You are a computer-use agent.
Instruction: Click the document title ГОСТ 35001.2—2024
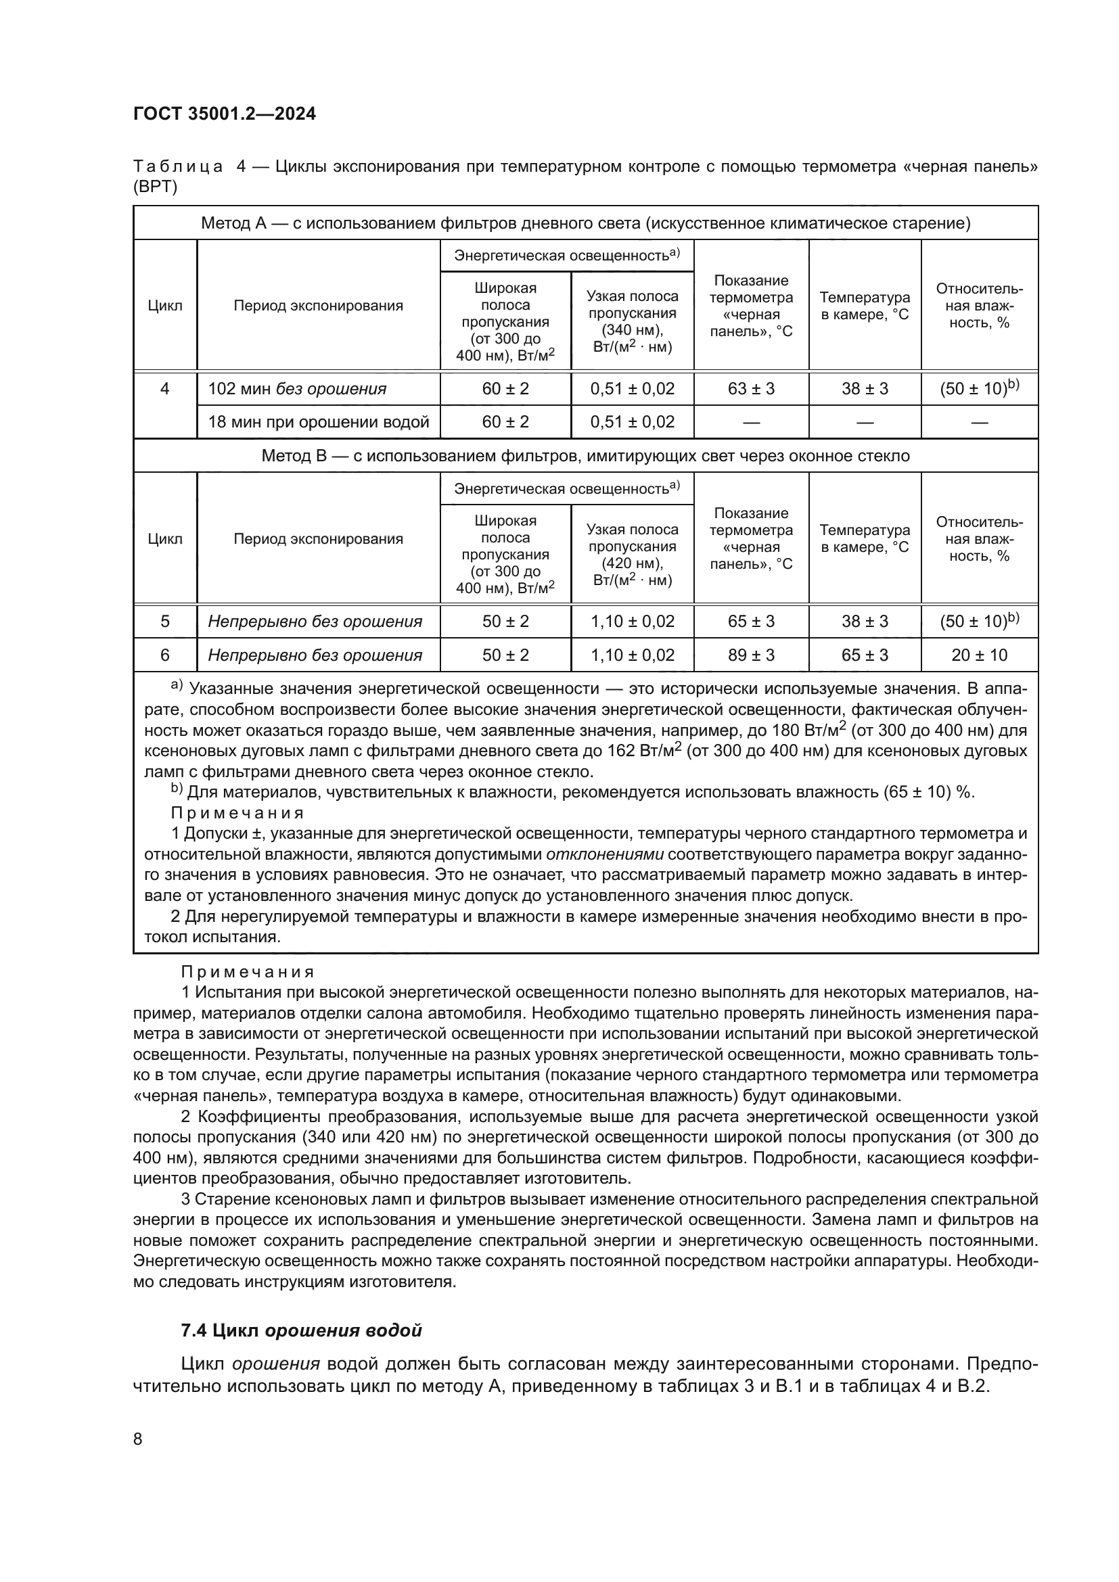click(x=224, y=114)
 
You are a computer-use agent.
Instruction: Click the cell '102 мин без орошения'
click(x=297, y=389)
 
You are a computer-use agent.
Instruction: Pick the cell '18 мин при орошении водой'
click(x=319, y=421)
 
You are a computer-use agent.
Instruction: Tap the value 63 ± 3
click(x=750, y=389)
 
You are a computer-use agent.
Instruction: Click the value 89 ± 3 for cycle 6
click(x=750, y=655)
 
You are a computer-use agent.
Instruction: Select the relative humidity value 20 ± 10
click(x=978, y=655)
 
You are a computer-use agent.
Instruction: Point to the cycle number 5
click(x=164, y=622)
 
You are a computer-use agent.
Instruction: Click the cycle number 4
click(x=164, y=389)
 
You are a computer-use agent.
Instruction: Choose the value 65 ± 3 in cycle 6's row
click(x=864, y=655)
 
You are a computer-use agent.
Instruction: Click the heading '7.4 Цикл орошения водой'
click(x=301, y=1330)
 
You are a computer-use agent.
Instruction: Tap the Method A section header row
click(x=585, y=223)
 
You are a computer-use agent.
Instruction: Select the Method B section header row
click(x=585, y=455)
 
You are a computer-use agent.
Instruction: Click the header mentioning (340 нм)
click(x=632, y=322)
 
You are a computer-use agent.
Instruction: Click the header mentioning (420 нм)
click(x=632, y=555)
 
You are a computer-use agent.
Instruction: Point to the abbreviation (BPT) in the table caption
click(x=155, y=187)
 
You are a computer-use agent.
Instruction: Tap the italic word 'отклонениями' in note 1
click(x=604, y=854)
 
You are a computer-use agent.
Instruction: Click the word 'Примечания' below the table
click(x=248, y=972)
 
